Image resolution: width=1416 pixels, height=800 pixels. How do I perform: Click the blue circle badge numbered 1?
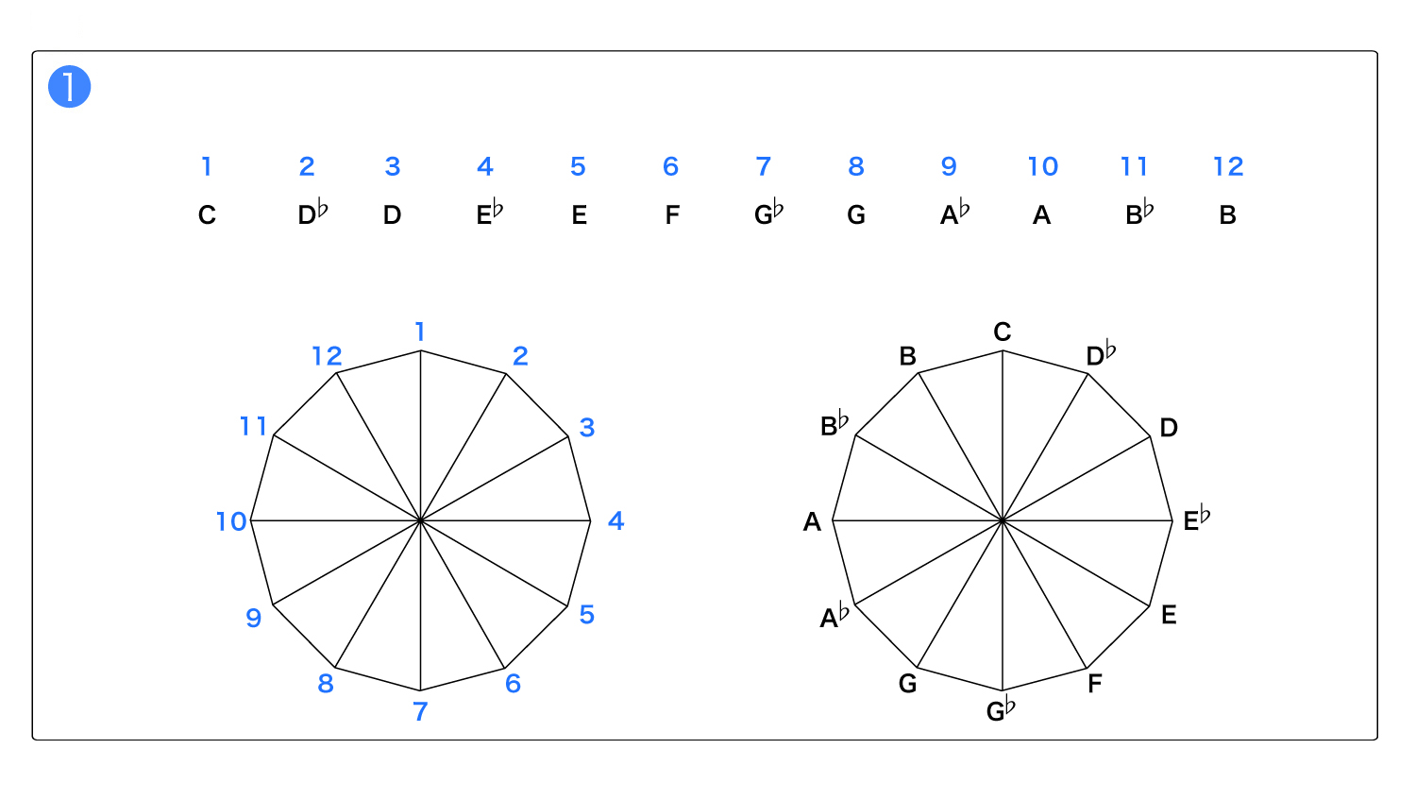(70, 87)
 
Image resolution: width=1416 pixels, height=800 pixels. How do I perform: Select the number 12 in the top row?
(1228, 166)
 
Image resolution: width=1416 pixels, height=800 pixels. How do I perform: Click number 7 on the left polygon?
(420, 711)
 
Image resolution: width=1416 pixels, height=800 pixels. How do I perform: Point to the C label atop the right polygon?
(1003, 332)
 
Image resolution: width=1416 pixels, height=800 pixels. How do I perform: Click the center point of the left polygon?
(420, 520)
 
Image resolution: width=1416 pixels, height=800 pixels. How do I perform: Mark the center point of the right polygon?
(1003, 520)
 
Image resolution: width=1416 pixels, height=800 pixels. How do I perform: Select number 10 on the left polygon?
(231, 521)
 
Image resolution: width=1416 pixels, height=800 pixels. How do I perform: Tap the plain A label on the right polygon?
(812, 521)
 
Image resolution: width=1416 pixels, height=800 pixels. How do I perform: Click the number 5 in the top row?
(578, 166)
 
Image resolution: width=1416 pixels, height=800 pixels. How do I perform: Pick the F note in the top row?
(672, 215)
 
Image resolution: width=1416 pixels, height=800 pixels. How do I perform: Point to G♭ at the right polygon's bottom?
(1001, 709)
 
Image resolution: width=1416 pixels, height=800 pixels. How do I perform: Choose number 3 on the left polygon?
(587, 428)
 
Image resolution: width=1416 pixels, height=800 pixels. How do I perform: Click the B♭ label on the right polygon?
(834, 423)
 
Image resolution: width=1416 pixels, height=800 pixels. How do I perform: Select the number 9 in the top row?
(949, 166)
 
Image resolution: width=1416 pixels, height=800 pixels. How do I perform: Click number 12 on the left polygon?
(328, 356)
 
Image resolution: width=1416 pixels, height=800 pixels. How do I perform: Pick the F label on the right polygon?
(1095, 683)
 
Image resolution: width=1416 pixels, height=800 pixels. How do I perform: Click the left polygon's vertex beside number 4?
(590, 520)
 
